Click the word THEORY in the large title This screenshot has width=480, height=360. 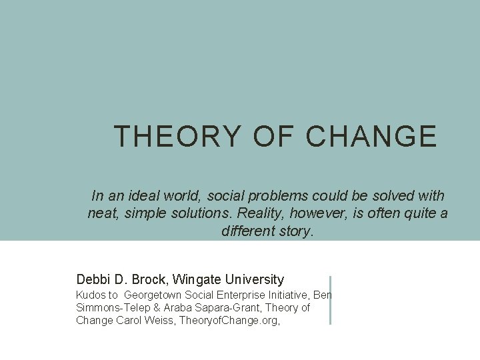point(177,136)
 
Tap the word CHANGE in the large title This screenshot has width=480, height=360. point(371,136)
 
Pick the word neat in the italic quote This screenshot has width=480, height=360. point(103,213)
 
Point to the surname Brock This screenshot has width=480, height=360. point(147,279)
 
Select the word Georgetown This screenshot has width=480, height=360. point(154,295)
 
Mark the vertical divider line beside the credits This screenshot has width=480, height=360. point(330,300)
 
